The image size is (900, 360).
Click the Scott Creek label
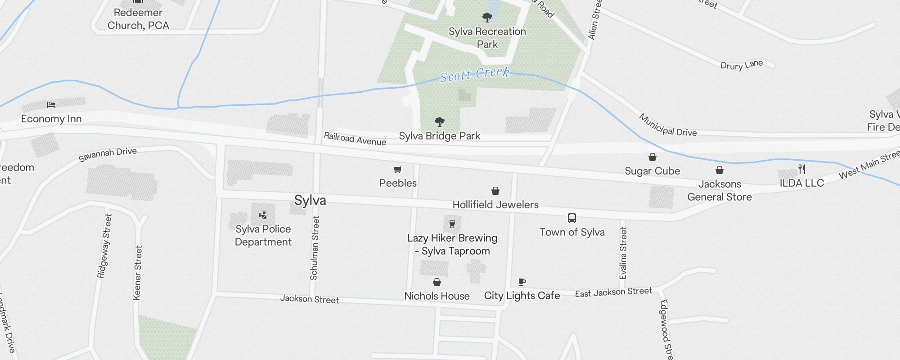(475, 75)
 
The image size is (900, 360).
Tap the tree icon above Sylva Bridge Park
(440, 121)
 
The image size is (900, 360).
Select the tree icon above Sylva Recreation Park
(487, 18)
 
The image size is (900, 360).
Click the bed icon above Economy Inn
(51, 105)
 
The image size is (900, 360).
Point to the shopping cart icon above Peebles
(397, 170)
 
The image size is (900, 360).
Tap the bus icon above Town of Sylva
(571, 218)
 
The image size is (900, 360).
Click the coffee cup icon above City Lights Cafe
(522, 282)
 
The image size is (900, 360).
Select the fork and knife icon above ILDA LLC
(802, 169)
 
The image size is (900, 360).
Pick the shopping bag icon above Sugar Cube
(652, 157)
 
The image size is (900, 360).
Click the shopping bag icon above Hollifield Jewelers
(495, 191)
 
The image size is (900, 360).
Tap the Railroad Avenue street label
(355, 139)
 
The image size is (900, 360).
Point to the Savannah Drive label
(108, 154)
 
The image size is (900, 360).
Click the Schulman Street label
(315, 248)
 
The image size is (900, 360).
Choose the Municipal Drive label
(668, 126)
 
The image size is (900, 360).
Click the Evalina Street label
(623, 253)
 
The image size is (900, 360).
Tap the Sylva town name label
(310, 200)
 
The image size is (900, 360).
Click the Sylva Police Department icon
(263, 215)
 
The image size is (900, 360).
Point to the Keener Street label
(138, 273)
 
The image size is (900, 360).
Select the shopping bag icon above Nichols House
(436, 283)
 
